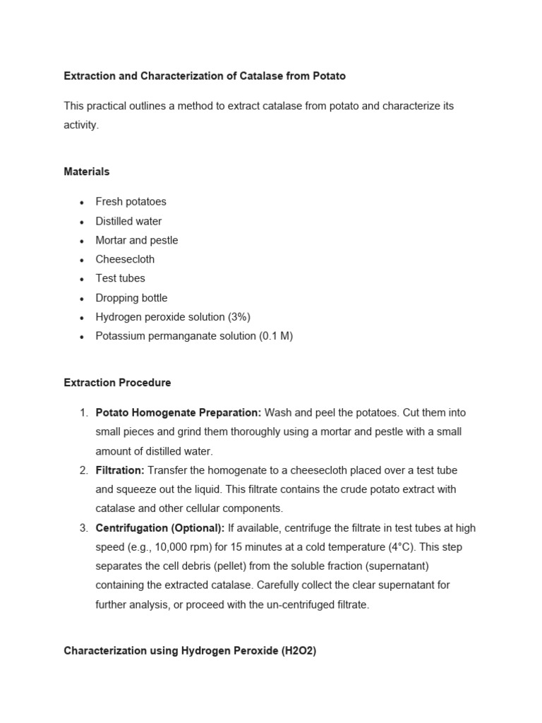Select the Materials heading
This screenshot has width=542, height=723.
point(86,172)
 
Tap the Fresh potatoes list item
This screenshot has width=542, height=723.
point(131,201)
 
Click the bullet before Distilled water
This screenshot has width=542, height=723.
point(82,222)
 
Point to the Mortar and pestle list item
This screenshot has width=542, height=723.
point(136,240)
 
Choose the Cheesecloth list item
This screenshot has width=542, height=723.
point(125,259)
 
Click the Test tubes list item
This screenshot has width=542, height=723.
point(120,278)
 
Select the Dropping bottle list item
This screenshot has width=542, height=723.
point(131,298)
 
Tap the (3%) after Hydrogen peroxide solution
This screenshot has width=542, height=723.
point(236,317)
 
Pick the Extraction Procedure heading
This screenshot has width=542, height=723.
point(117,383)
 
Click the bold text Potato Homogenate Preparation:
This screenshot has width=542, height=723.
point(179,412)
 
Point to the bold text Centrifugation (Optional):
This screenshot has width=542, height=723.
point(160,528)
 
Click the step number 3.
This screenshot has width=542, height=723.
point(83,528)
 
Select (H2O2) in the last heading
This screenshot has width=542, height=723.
point(299,651)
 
